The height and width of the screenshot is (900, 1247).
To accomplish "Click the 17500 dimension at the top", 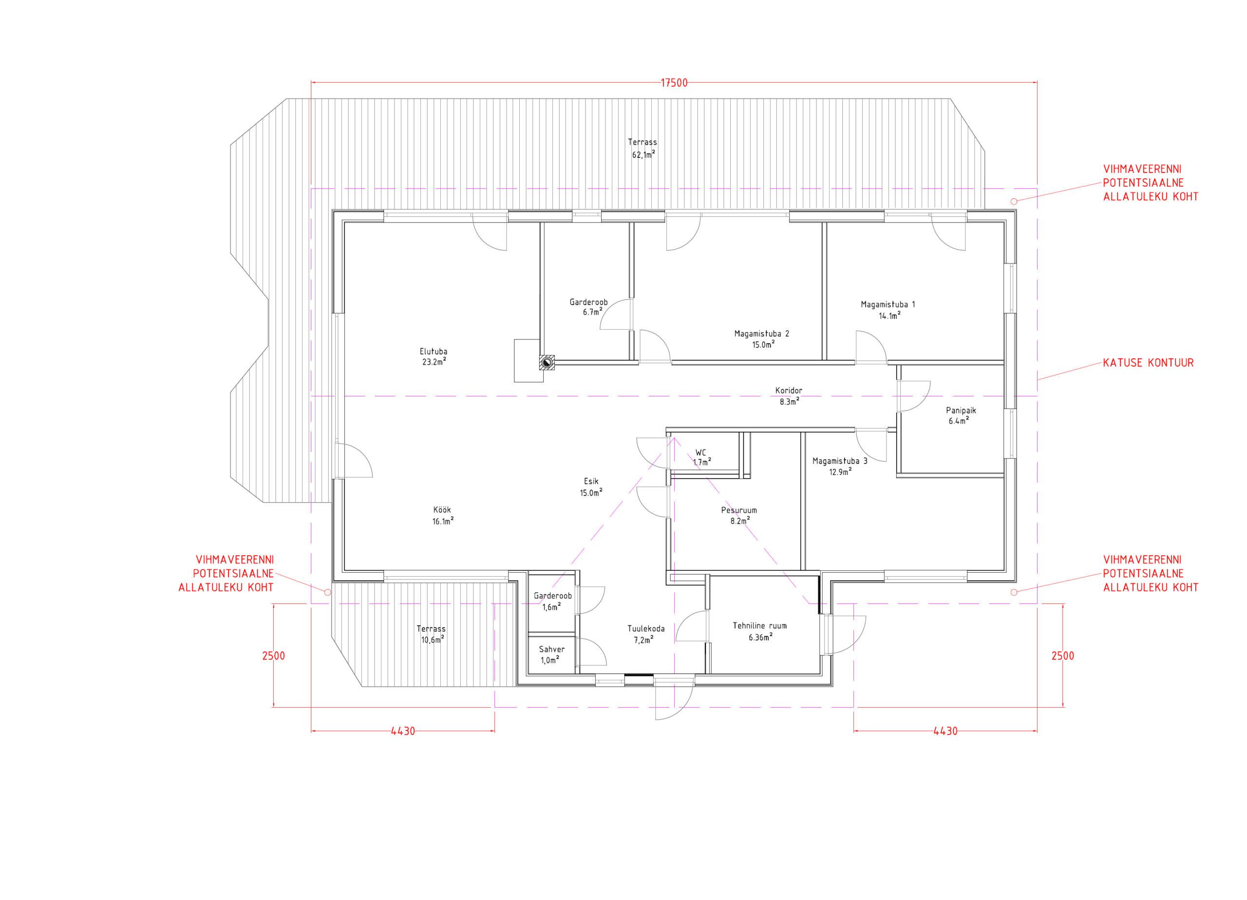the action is coord(674,83).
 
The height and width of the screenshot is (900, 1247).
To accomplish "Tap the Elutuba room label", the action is coord(433,352).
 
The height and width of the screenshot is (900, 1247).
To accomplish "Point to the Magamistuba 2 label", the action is coord(761,333).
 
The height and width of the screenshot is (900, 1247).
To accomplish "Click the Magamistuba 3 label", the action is coord(840,461).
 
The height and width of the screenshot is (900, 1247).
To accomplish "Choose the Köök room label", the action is coord(443,509).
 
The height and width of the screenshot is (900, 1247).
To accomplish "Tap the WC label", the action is coord(700,452).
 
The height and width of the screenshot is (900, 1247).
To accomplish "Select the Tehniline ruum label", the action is coord(759,625).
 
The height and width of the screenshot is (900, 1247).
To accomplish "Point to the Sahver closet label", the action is coord(551,649).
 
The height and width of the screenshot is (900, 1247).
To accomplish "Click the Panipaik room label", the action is coord(961,410).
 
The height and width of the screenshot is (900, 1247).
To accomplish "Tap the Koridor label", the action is coord(789,391).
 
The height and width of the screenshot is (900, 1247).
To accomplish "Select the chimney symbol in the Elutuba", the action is coord(547,362).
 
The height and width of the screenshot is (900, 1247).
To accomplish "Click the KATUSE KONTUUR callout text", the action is coord(1148,363).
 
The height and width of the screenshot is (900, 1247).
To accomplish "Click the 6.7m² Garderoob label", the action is coord(588,302).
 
